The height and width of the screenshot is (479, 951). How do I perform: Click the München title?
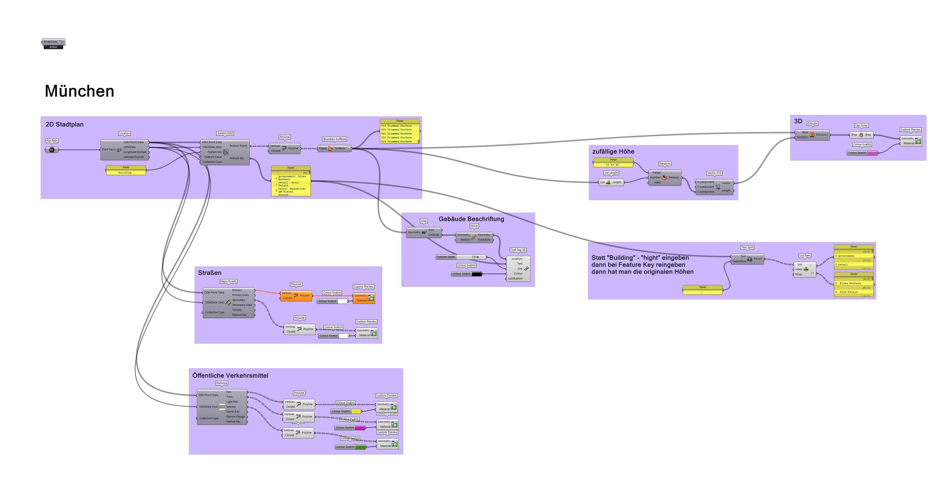pyautogui.click(x=79, y=91)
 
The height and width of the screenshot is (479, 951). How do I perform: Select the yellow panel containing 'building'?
pyautogui.click(x=125, y=172)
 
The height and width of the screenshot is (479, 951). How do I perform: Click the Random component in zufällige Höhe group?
pyautogui.click(x=665, y=178)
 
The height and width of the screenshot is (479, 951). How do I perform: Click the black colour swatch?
pyautogui.click(x=476, y=274)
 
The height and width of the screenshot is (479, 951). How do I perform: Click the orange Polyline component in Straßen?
pyautogui.click(x=296, y=296)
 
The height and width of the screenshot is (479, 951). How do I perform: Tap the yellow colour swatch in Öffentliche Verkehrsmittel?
pyautogui.click(x=356, y=411)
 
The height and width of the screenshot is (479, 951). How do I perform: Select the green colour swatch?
pyautogui.click(x=360, y=447)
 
